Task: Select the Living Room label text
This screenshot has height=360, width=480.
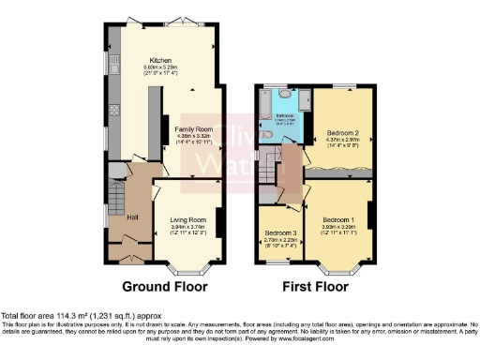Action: tap(187, 219)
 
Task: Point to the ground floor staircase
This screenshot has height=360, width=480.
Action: tap(114, 200)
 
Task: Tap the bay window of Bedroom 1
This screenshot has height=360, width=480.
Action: tap(338, 267)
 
